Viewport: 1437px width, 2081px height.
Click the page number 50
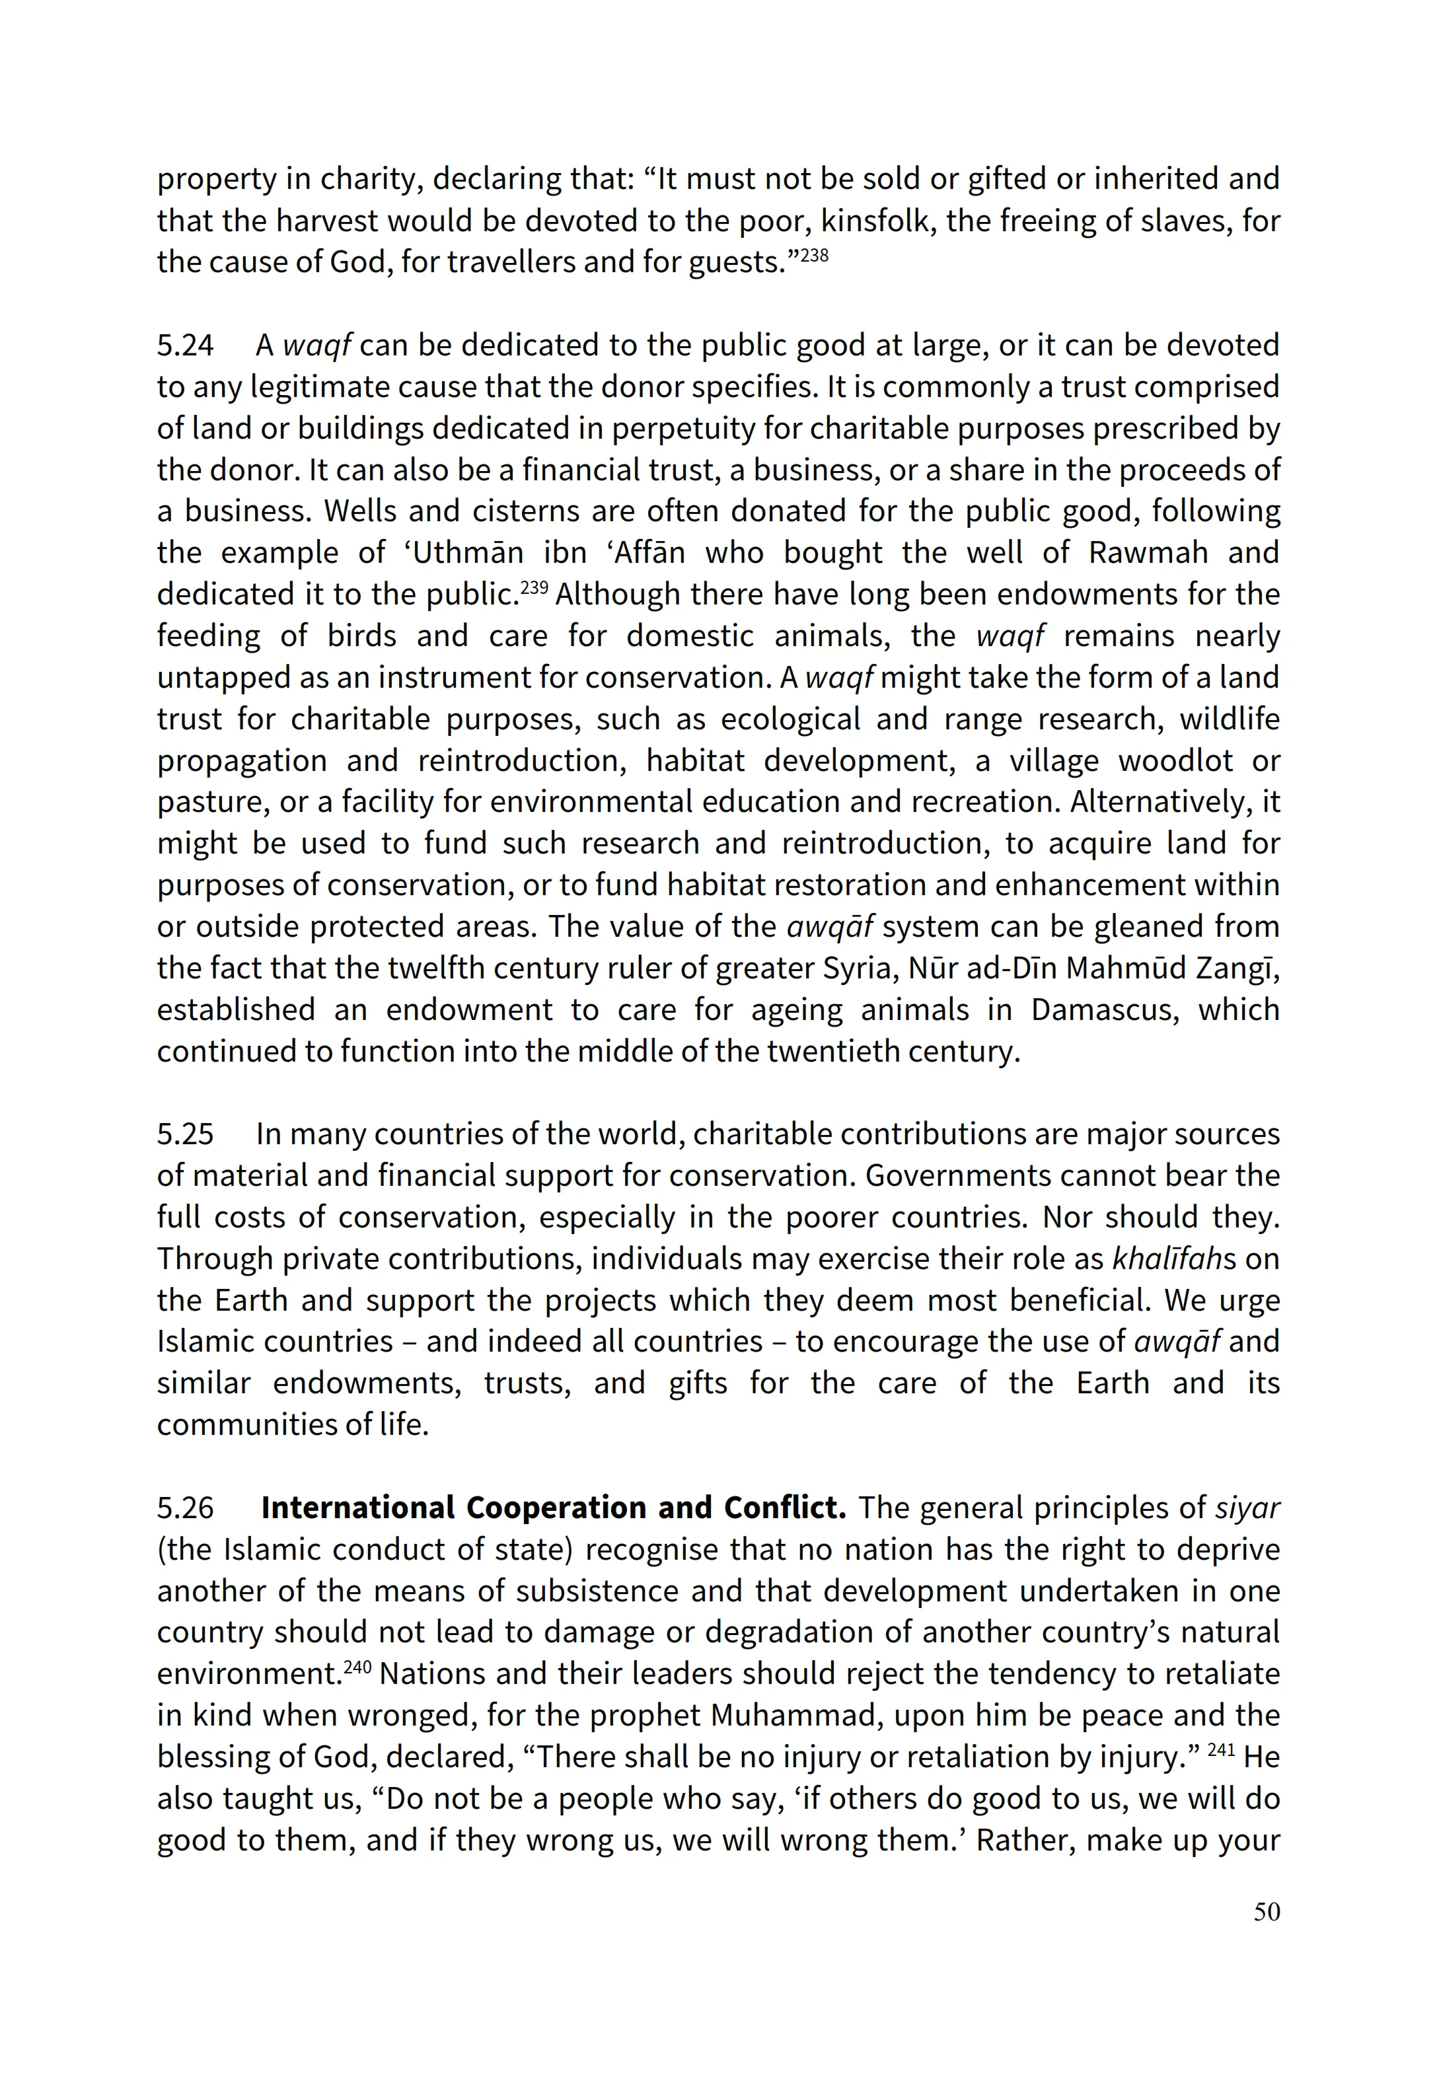(x=1266, y=1912)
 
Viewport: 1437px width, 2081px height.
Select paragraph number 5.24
(x=186, y=345)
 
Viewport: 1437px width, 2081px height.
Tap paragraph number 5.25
(x=186, y=1134)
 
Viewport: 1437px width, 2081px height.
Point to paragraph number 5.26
(x=186, y=1508)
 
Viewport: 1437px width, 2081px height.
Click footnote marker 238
(x=814, y=256)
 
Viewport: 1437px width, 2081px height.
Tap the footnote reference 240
(x=357, y=1667)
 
